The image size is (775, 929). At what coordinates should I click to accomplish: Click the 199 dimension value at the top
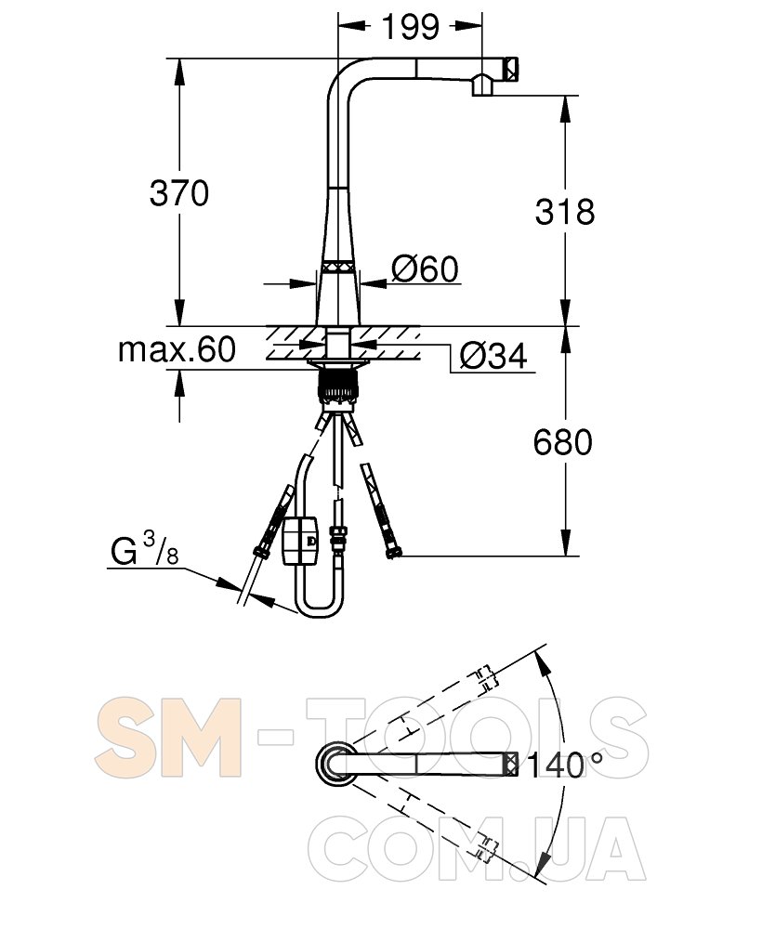[411, 27]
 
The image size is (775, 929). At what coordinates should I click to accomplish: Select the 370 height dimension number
[179, 193]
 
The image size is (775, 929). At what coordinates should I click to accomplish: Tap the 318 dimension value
[565, 212]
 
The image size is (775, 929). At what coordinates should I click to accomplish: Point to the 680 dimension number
[562, 442]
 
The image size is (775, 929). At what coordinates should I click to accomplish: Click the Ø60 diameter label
[425, 269]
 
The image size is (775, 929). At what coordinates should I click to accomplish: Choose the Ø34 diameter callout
[493, 356]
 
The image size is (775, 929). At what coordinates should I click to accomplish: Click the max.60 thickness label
[177, 349]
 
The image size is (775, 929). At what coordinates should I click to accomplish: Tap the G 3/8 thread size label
[145, 549]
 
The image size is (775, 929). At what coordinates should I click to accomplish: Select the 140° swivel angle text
[565, 765]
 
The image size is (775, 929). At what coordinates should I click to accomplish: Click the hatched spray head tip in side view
[511, 69]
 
